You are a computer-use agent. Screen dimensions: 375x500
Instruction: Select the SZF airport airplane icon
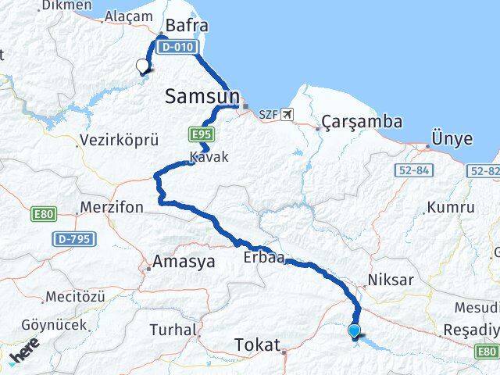point(287,115)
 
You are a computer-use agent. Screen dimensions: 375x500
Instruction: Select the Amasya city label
point(184,262)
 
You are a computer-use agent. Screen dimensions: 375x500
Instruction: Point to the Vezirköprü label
point(119,141)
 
